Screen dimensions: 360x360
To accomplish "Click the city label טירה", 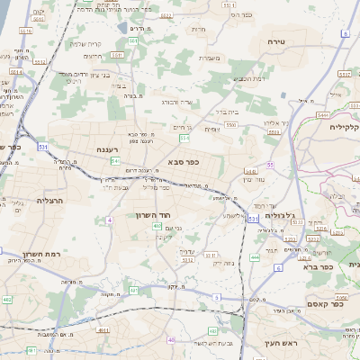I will pyautogui.click(x=275, y=42).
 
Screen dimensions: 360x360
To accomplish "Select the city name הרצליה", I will pyautogui.click(x=49, y=199).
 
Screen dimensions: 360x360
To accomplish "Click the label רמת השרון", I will pyautogui.click(x=64, y=255).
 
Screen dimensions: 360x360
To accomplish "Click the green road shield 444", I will pyautogui.click(x=255, y=257).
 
